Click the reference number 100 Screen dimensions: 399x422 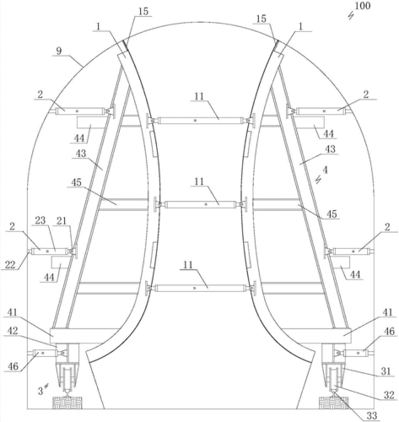(363, 5)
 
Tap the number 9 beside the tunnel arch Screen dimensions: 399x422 (59, 51)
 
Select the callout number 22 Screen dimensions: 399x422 (10, 264)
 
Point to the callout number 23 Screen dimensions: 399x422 (40, 219)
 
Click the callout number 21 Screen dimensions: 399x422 (62, 221)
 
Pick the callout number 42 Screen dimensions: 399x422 (13, 331)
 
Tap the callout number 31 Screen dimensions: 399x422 (386, 371)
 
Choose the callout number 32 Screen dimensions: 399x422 (389, 395)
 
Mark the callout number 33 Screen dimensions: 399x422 (372, 415)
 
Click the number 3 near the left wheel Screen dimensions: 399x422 (40, 391)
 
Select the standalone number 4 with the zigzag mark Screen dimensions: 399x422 (325, 170)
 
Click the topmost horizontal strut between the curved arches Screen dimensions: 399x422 (201, 121)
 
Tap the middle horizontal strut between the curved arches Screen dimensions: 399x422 (201, 204)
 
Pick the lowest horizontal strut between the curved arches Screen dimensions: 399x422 (201, 288)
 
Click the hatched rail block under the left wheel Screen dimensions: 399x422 (67, 403)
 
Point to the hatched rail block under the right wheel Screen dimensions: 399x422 (334, 403)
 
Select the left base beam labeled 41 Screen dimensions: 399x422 (84, 335)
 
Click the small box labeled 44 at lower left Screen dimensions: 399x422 (60, 262)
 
